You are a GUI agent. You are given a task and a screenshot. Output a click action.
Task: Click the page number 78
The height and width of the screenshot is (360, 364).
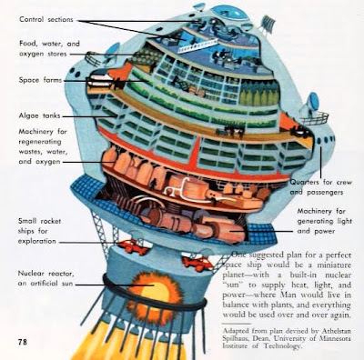[x=23, y=342]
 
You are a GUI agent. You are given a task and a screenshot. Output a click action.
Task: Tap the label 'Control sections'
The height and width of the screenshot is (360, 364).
[x=46, y=19]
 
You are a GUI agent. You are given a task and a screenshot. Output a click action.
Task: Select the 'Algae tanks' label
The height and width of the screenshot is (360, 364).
[x=39, y=115]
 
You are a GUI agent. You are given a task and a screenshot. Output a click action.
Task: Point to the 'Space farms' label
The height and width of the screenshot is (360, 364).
[x=40, y=80]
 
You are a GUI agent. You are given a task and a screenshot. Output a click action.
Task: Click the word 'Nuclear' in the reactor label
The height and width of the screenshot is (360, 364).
[x=30, y=274]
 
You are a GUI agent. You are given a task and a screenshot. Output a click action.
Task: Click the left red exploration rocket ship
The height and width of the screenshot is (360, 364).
[x=133, y=245]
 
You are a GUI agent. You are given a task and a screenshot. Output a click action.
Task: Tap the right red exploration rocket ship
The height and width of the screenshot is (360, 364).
[x=197, y=263]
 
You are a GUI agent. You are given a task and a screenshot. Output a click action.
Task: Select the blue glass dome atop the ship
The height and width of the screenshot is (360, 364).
[x=227, y=13]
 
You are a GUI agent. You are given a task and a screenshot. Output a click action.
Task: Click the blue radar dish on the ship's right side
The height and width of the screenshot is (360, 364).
[x=312, y=104]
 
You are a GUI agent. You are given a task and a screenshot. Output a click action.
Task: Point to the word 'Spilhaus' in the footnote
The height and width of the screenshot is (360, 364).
[x=238, y=338]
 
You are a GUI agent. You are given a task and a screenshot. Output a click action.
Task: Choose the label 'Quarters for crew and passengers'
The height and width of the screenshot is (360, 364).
[x=321, y=187]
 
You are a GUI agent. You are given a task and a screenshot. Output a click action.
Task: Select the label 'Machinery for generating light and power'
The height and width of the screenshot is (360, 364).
[x=324, y=221]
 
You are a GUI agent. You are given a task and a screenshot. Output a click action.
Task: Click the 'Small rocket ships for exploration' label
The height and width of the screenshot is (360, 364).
[x=39, y=231]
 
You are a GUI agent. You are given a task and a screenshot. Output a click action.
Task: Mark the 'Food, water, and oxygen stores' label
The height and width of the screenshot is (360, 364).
[x=49, y=49]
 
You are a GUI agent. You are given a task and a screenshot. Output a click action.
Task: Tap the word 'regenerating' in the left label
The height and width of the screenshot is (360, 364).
[x=40, y=142]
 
